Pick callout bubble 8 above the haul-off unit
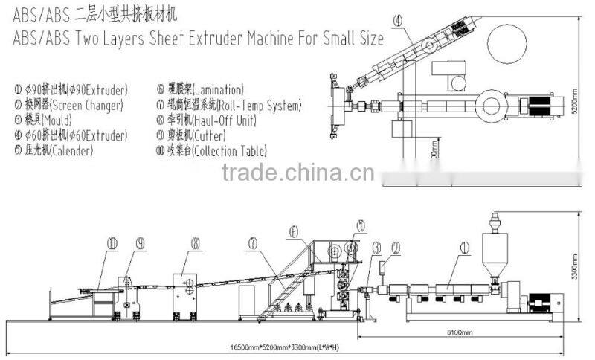click(196, 243)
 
